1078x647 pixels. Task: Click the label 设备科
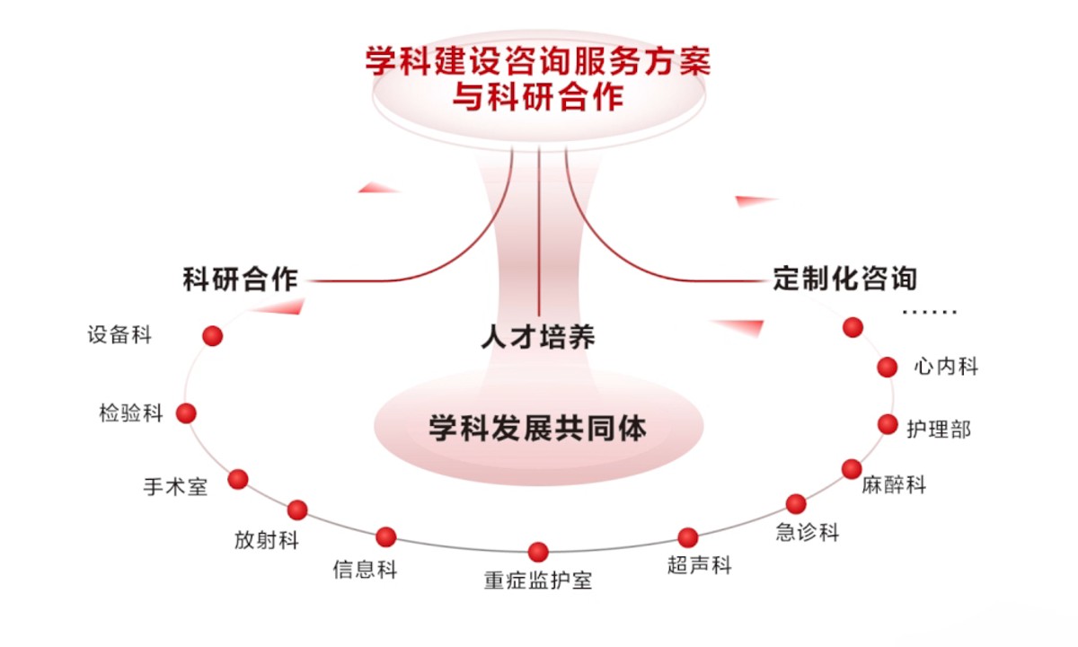click(x=119, y=336)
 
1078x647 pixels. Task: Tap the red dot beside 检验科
click(x=186, y=413)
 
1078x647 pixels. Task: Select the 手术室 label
click(x=175, y=487)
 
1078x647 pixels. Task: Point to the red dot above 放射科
click(x=297, y=510)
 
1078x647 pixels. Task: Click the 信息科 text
click(x=365, y=569)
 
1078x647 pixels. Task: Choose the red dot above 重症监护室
click(x=538, y=552)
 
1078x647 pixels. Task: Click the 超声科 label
click(x=700, y=565)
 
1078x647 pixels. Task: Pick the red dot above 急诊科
click(x=796, y=503)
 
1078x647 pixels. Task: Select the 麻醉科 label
click(x=893, y=485)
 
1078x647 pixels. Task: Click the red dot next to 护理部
click(x=888, y=424)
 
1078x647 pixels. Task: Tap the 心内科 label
click(x=946, y=367)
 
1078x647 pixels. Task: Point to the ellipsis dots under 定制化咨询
click(x=930, y=313)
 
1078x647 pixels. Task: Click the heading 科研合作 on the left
click(x=240, y=279)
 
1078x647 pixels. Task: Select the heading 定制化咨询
click(x=845, y=278)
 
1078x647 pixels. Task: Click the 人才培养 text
click(x=537, y=338)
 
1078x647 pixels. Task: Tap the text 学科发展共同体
click(x=537, y=428)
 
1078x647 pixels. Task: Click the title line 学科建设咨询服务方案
click(x=537, y=61)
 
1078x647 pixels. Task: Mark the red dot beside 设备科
click(x=212, y=336)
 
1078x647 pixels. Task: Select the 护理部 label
click(x=939, y=430)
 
